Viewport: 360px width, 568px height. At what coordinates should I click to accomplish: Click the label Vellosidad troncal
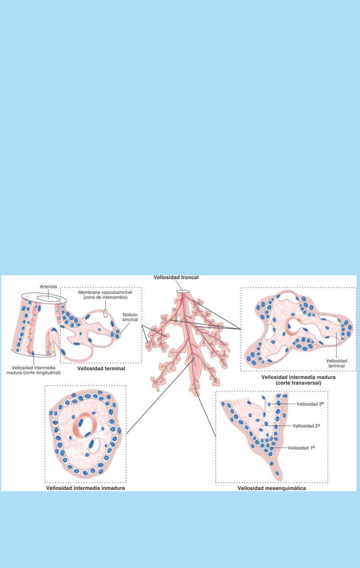pyautogui.click(x=176, y=277)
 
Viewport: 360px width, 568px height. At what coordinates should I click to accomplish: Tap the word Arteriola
pyautogui.click(x=48, y=287)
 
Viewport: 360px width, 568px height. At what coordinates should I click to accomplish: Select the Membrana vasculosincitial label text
pyautogui.click(x=105, y=292)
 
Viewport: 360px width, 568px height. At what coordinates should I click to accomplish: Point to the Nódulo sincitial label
pyautogui.click(x=130, y=317)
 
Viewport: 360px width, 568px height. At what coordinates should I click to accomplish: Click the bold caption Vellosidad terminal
pyautogui.click(x=101, y=369)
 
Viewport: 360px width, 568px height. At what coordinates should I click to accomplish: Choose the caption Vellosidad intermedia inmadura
pyautogui.click(x=86, y=488)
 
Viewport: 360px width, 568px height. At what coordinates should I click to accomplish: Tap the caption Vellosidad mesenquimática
pyautogui.click(x=272, y=488)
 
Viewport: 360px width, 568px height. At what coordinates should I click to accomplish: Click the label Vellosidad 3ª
pyautogui.click(x=310, y=403)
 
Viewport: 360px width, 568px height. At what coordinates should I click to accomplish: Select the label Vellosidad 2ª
pyautogui.click(x=306, y=426)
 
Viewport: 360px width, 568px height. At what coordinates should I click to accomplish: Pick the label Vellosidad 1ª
pyautogui.click(x=301, y=448)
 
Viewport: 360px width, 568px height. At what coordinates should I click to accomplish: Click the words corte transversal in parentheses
pyautogui.click(x=298, y=383)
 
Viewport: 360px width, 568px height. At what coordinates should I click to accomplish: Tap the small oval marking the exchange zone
pyautogui.click(x=105, y=313)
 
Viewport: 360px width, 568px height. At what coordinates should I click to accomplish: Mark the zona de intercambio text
pyautogui.click(x=105, y=297)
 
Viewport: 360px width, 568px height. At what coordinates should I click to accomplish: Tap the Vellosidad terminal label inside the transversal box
pyautogui.click(x=336, y=363)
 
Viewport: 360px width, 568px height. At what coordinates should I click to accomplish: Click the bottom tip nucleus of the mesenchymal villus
pyautogui.click(x=277, y=474)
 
